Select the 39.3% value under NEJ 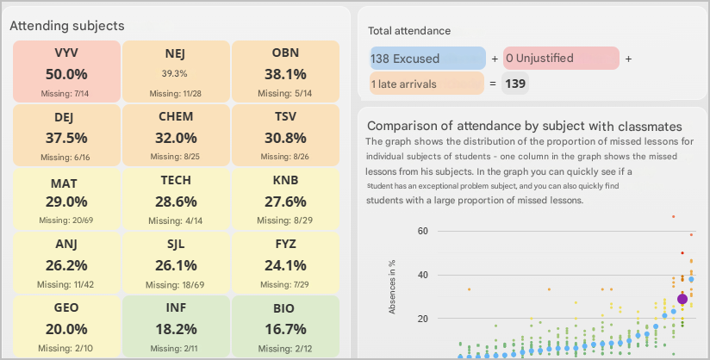pyautogui.click(x=175, y=73)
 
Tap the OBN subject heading pyautogui.click(x=285, y=53)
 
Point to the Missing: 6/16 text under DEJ pyautogui.click(x=65, y=157)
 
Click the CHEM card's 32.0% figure pyautogui.click(x=175, y=137)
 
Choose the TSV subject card pyautogui.click(x=285, y=134)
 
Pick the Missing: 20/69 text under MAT pyautogui.click(x=65, y=220)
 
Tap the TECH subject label pyautogui.click(x=176, y=180)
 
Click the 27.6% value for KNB pyautogui.click(x=285, y=201)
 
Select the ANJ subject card pyautogui.click(x=66, y=262)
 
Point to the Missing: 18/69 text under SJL pyautogui.click(x=176, y=283)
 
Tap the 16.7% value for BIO pyautogui.click(x=285, y=328)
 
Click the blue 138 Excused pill pyautogui.click(x=428, y=59)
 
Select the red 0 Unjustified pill pyautogui.click(x=561, y=59)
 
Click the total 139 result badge pyautogui.click(x=515, y=84)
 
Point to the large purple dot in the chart pyautogui.click(x=682, y=299)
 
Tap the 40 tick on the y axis pyautogui.click(x=423, y=275)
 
